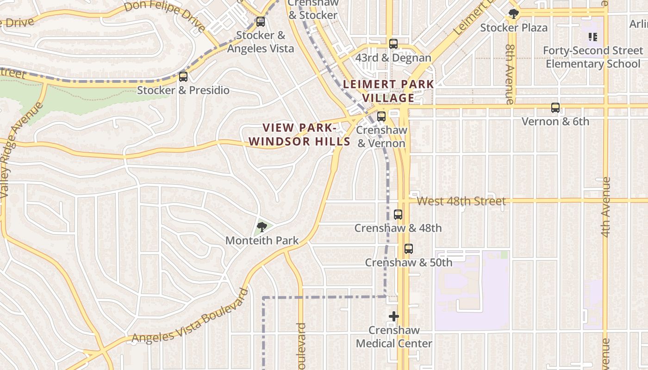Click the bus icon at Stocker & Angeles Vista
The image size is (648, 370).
coord(261,22)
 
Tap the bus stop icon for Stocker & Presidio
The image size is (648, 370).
coord(183,77)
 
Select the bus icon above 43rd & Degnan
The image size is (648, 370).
coord(393,44)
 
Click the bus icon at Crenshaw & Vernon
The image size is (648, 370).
coord(381,117)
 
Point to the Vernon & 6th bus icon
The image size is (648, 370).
coord(555,108)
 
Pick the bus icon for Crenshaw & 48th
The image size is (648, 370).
coord(398,215)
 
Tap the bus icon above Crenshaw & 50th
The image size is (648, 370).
coord(409,249)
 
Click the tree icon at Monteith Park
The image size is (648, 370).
coord(262,227)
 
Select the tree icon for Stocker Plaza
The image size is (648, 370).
coord(513,14)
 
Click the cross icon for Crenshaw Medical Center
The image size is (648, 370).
coord(394,316)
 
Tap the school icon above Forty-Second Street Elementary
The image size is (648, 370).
coord(593,37)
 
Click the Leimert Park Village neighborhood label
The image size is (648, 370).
coord(388,91)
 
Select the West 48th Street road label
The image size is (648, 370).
coord(461,201)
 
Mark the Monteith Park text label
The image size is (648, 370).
coord(262,240)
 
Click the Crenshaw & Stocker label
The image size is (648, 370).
coord(313,9)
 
